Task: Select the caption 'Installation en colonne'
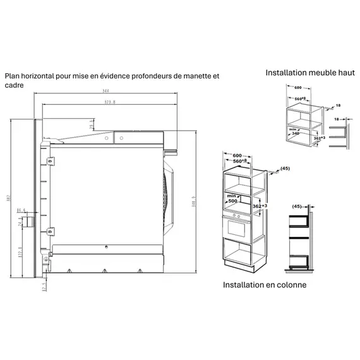click(265, 285)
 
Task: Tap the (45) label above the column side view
click(296, 205)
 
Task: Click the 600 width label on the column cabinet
click(237, 155)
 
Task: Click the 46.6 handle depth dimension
click(21, 210)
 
